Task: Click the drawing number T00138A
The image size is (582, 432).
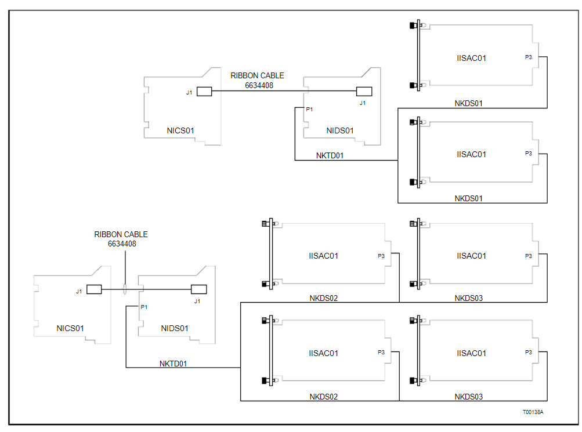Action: [533, 412]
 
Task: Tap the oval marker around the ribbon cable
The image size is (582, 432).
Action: [125, 289]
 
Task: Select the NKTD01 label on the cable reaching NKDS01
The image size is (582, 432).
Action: [330, 155]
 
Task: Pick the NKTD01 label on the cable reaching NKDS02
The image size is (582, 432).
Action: [173, 364]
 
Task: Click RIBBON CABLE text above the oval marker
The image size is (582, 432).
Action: [121, 235]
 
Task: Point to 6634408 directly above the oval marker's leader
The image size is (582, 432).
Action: [122, 244]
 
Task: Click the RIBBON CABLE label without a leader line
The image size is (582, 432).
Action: [257, 76]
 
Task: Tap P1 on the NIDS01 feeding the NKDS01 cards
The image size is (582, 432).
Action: [309, 109]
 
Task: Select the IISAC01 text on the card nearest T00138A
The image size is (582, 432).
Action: [471, 353]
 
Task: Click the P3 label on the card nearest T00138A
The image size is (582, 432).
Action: [528, 352]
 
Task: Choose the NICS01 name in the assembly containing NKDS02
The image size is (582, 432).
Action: [70, 328]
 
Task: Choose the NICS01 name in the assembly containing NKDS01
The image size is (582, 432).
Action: [180, 130]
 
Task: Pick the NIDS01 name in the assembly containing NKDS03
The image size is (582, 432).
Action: [175, 328]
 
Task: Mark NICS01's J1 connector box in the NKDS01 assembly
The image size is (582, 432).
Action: [204, 92]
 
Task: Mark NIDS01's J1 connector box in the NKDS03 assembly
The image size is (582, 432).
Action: [198, 289]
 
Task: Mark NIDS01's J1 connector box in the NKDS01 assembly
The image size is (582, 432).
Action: [364, 91]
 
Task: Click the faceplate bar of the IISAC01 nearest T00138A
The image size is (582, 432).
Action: [418, 353]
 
